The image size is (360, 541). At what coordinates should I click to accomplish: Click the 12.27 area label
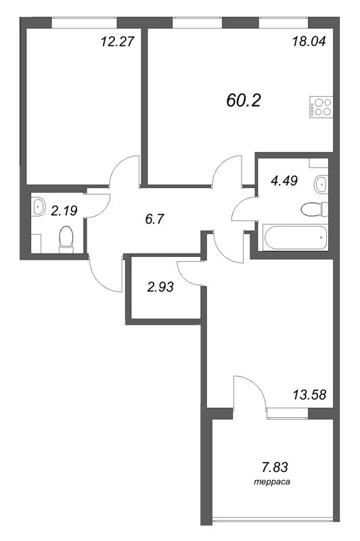click(x=117, y=42)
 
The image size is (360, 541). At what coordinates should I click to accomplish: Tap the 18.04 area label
click(x=309, y=42)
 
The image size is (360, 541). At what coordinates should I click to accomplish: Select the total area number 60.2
click(x=244, y=100)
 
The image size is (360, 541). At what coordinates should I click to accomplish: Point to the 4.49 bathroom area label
click(x=284, y=181)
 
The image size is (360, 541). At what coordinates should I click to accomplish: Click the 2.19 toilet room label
click(x=64, y=210)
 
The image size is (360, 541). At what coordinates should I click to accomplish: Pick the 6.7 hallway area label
click(x=154, y=218)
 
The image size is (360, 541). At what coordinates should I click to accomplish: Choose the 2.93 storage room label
click(x=160, y=286)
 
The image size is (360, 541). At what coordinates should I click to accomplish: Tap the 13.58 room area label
click(x=309, y=394)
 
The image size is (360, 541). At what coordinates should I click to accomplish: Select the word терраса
click(x=272, y=482)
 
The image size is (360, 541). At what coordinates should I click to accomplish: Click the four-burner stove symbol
click(x=321, y=107)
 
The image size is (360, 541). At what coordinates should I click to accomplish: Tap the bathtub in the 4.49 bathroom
click(x=295, y=237)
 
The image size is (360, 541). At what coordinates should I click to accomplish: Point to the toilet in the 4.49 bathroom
click(x=314, y=209)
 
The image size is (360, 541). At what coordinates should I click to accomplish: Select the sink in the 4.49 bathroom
click(x=321, y=185)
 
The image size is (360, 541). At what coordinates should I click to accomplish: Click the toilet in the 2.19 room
click(x=66, y=239)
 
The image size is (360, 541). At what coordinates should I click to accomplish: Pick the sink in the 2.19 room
click(x=38, y=207)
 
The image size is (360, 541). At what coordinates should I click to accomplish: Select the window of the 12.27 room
click(x=85, y=22)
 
